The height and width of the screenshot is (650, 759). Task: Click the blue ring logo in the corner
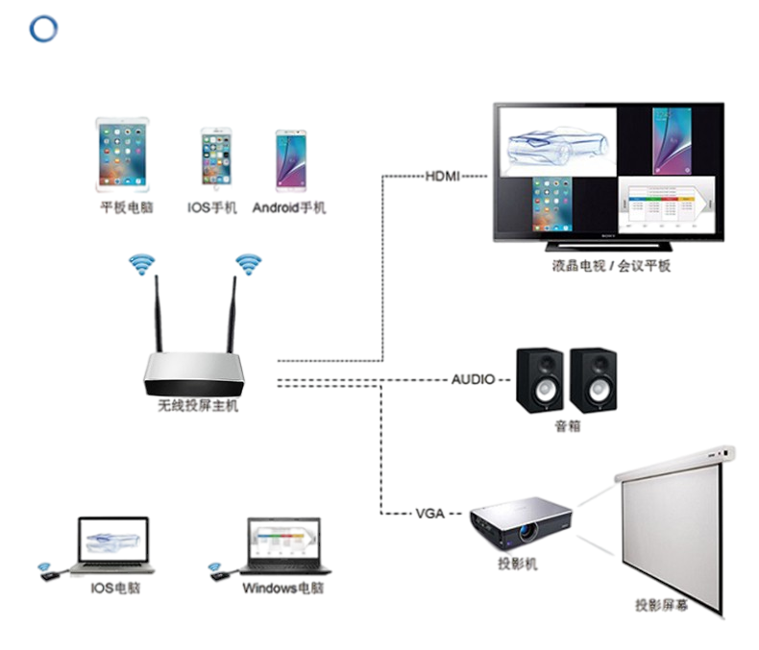[44, 29]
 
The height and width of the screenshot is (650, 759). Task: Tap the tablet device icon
[122, 153]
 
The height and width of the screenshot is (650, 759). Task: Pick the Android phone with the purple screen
[291, 156]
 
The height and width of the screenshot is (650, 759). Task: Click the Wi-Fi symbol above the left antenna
[142, 263]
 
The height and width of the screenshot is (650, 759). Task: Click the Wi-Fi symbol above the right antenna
[248, 263]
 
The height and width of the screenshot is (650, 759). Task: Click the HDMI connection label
[443, 177]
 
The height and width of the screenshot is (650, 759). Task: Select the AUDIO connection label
[474, 378]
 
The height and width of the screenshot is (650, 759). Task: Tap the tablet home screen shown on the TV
[552, 204]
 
